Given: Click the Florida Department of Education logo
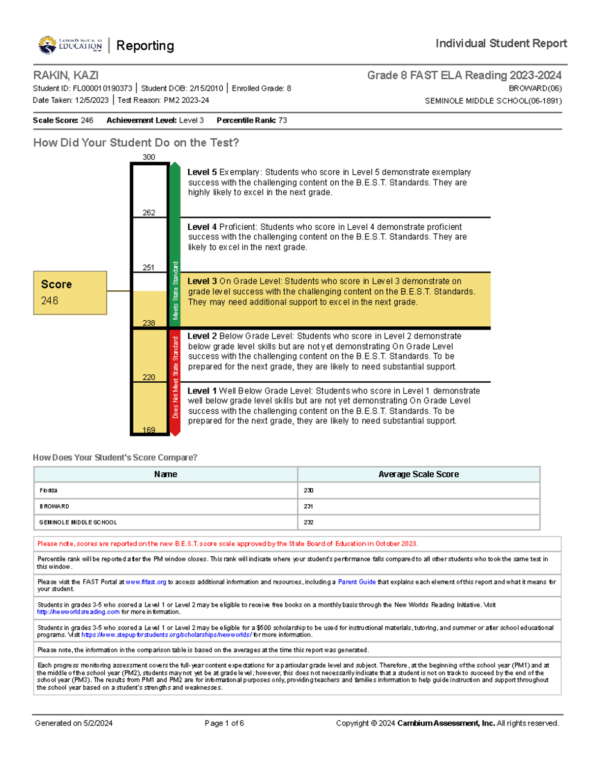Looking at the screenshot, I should point(70,45).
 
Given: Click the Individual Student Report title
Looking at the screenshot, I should point(501,44).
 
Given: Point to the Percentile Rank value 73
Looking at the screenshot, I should point(283,121).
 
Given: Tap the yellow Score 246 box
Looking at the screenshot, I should point(70,293).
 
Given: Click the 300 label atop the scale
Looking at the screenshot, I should point(148,157).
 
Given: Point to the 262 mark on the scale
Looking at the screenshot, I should point(148,213).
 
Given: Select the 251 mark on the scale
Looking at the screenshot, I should point(148,268).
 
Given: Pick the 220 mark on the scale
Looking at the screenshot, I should point(148,377).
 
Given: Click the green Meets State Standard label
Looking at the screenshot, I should point(175,290).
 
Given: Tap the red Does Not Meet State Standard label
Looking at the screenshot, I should point(175,378).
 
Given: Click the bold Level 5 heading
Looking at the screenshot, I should point(202,172).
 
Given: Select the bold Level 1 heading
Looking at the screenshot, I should point(202,391).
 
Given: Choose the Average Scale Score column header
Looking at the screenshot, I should point(418,474).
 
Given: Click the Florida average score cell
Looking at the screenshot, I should point(308,490).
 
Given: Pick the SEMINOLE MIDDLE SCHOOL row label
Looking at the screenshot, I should point(78,522).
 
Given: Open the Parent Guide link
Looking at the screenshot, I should point(356,582).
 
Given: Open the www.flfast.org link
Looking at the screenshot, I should point(146,582).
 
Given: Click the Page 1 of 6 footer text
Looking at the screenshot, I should point(224,723).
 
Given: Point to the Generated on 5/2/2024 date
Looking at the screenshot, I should point(74,723).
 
